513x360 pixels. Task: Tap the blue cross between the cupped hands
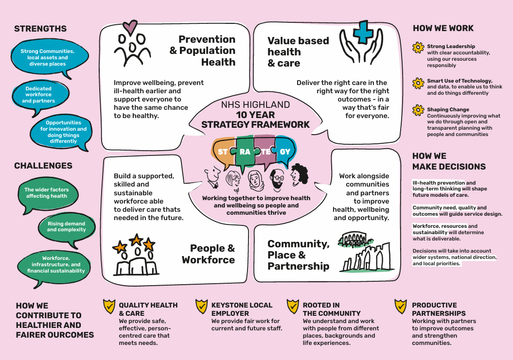(x=362, y=32)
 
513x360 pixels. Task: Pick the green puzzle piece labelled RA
(x=245, y=152)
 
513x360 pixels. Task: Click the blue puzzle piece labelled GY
(x=285, y=152)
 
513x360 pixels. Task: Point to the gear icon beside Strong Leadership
(x=418, y=48)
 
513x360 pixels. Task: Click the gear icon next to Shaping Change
(x=418, y=110)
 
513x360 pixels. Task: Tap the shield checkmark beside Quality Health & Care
(x=109, y=307)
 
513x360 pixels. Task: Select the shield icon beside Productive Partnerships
(x=401, y=307)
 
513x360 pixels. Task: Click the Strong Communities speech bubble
(x=49, y=58)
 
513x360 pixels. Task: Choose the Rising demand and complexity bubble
(x=67, y=228)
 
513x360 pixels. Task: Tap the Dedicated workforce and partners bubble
(x=40, y=96)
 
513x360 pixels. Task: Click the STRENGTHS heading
(x=40, y=29)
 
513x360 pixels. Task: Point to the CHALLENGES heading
(x=43, y=166)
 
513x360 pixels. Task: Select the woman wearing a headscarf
(x=255, y=181)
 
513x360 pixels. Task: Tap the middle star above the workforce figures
(x=136, y=240)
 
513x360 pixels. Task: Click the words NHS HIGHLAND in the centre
(x=255, y=104)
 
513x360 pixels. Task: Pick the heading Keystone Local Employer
(x=242, y=309)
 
